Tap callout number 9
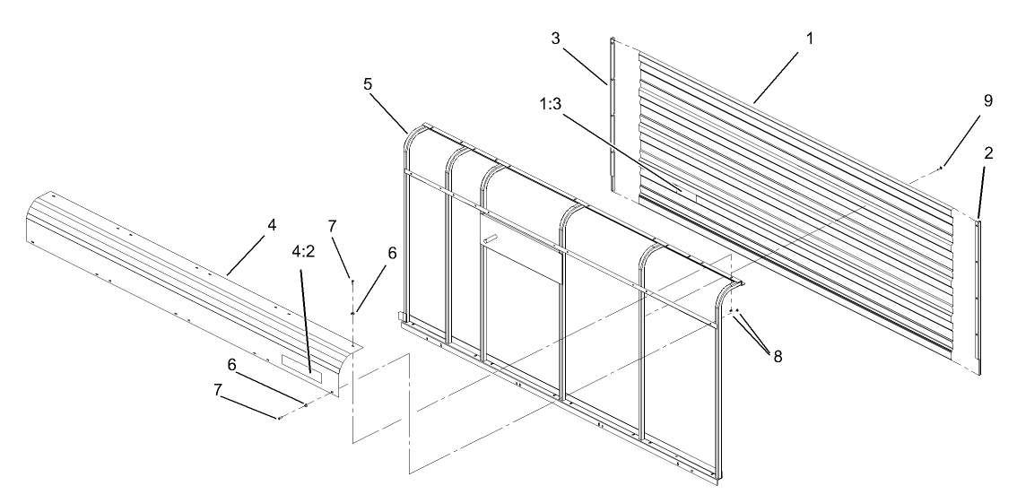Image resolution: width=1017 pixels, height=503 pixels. click(987, 100)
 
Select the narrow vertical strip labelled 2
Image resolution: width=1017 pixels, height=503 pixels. click(978, 296)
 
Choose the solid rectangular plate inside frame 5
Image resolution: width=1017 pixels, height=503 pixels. click(521, 264)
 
